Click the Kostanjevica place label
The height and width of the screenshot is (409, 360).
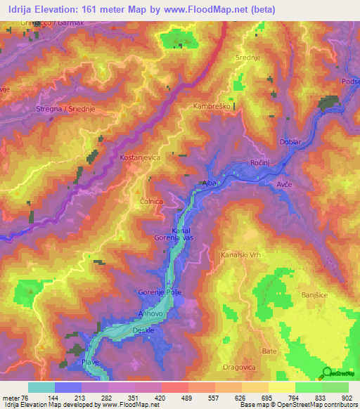(x=141, y=158)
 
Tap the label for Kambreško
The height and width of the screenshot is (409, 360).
(x=212, y=106)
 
